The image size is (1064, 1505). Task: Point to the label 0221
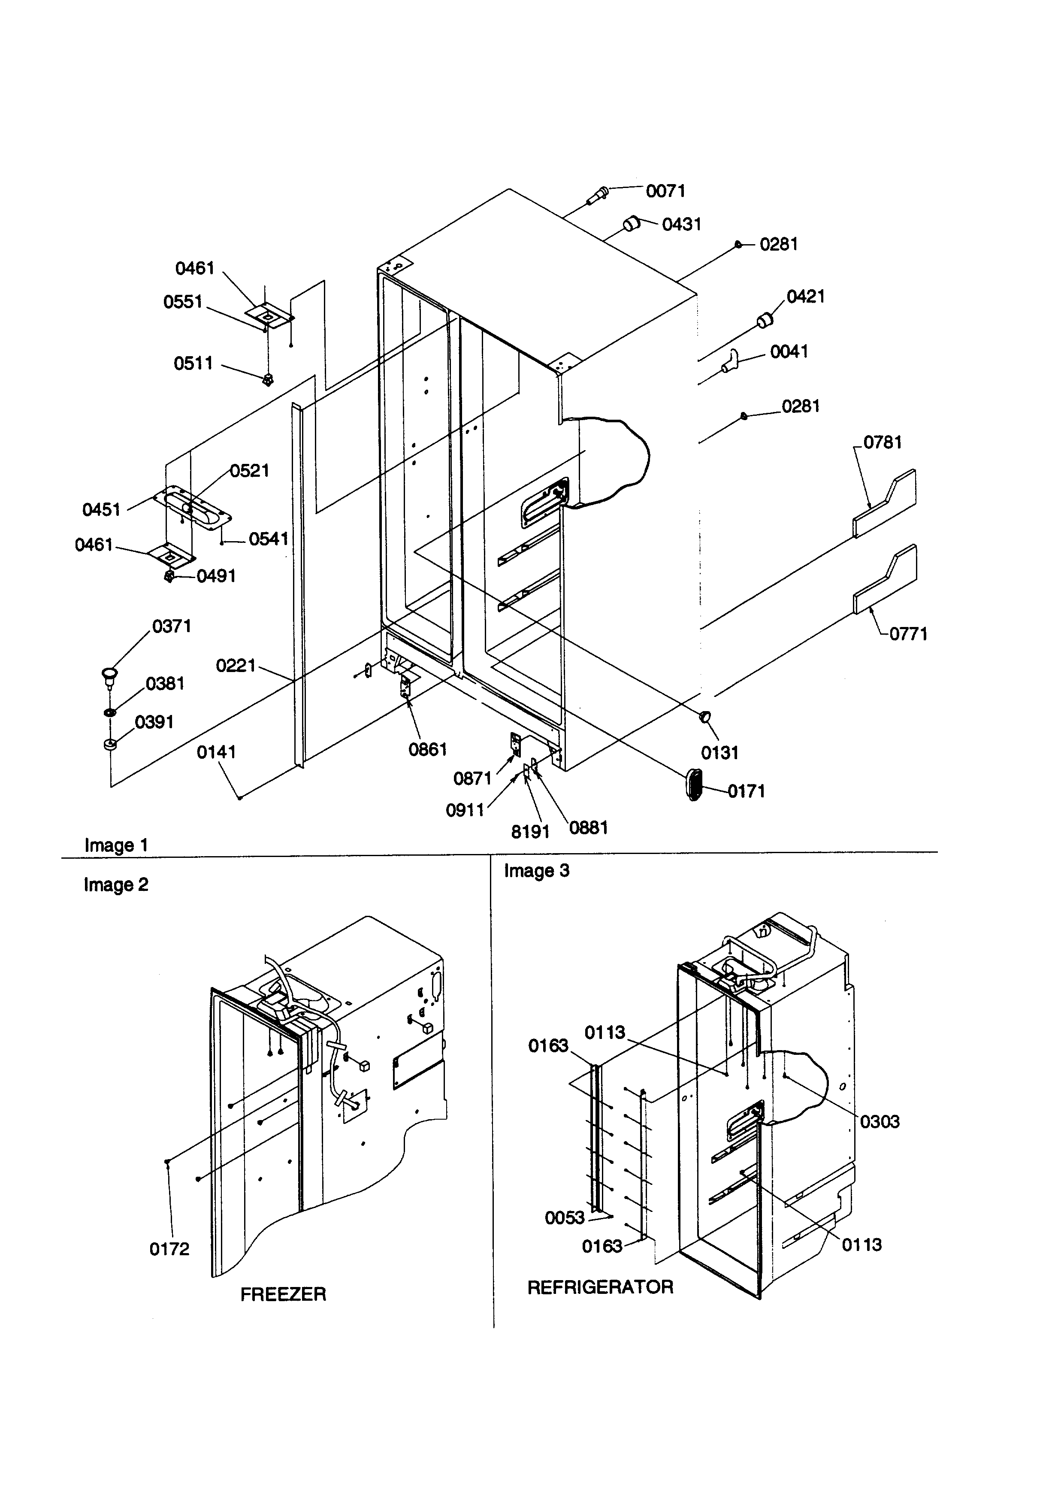click(x=236, y=666)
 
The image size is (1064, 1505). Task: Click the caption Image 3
click(x=537, y=871)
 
